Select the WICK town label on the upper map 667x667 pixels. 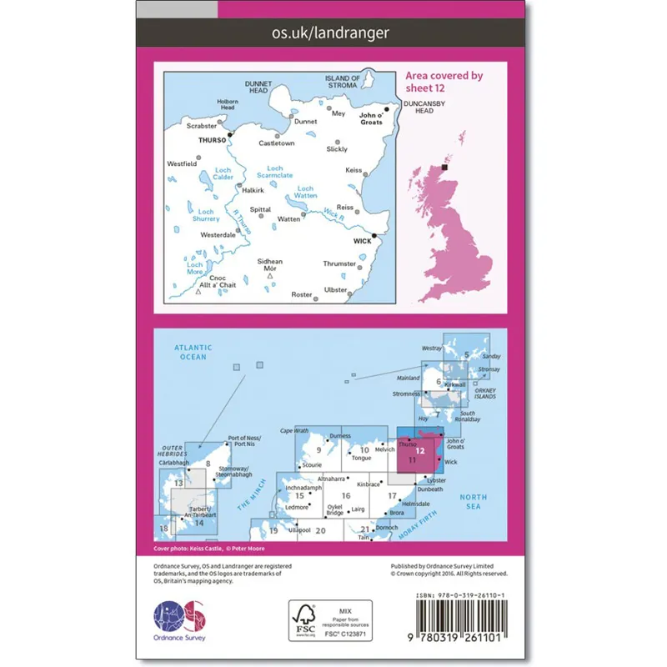coord(362,241)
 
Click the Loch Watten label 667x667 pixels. coord(306,193)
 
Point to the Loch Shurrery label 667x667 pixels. coord(206,216)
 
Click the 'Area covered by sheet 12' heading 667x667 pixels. coord(444,81)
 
